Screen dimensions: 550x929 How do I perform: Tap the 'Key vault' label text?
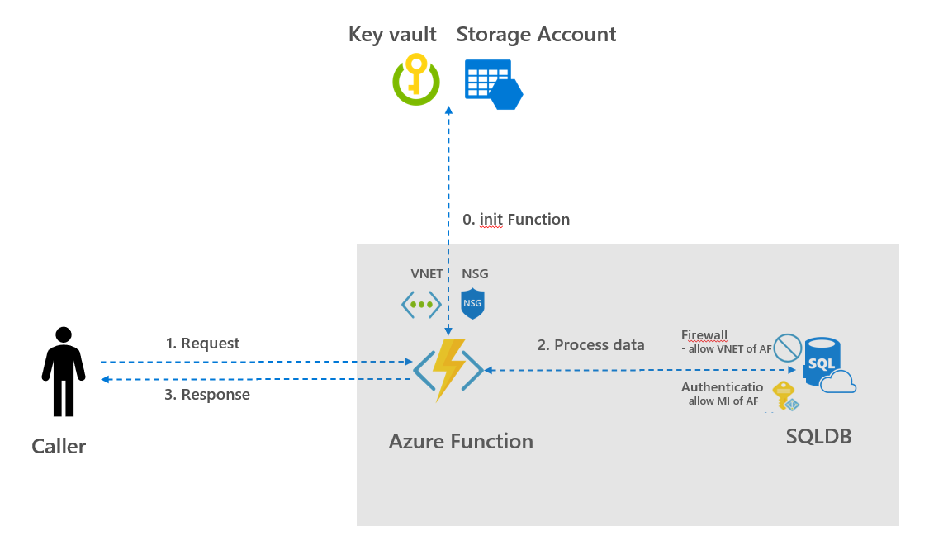[x=392, y=35]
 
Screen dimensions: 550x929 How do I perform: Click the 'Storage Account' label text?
[x=536, y=35]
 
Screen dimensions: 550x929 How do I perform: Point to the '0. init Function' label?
[x=515, y=220]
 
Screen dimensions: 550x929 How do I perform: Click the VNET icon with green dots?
[x=421, y=305]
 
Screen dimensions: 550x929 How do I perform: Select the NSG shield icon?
[x=472, y=304]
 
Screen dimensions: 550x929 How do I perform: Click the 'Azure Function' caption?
[x=461, y=442]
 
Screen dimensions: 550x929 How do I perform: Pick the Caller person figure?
[x=63, y=371]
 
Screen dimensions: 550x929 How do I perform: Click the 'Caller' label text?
[x=59, y=447]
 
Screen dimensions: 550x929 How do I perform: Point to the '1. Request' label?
[x=202, y=344]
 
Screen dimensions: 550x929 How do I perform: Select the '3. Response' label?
[x=206, y=395]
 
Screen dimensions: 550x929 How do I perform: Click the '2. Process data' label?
[x=590, y=345]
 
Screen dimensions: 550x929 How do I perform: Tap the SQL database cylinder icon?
[x=822, y=363]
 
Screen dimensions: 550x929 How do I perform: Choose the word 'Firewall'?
[x=704, y=335]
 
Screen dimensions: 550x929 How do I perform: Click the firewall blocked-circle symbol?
[x=788, y=348]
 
